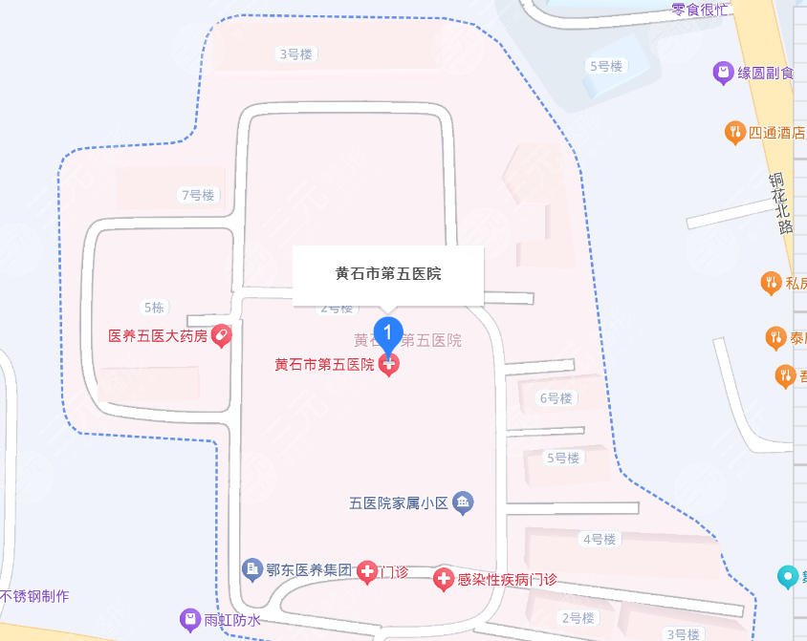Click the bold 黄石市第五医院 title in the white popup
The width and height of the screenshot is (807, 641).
[x=387, y=273]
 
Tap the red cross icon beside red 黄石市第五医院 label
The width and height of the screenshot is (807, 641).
[x=388, y=364]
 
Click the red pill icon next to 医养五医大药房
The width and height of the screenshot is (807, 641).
[x=221, y=336]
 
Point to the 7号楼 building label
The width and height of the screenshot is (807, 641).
[x=198, y=195]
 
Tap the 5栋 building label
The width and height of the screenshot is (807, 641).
[x=154, y=308]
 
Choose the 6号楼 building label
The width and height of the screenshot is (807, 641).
[x=556, y=398]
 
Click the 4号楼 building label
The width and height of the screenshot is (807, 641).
[x=599, y=540]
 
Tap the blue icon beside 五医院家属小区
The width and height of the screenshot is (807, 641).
[x=463, y=502]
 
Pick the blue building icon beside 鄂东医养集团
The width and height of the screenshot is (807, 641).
[x=252, y=570]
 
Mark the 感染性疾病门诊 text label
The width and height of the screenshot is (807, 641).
[x=507, y=579]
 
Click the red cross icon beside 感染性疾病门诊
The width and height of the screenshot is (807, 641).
[x=443, y=579]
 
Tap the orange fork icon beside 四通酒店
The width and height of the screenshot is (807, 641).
[x=734, y=133]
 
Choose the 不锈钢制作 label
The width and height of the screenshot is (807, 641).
[x=34, y=597]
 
